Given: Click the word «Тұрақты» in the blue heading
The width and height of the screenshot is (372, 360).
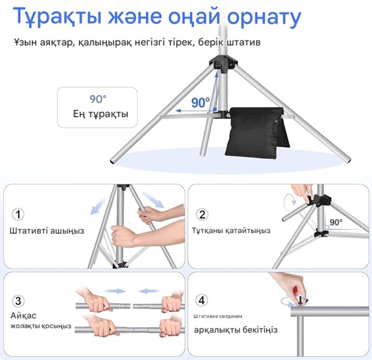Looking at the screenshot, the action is [57, 17].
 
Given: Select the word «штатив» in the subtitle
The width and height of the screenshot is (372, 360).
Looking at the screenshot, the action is [244, 42].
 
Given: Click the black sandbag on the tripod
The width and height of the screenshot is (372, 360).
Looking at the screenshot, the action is [257, 133].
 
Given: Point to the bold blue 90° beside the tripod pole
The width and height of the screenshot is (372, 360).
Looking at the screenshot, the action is [201, 103].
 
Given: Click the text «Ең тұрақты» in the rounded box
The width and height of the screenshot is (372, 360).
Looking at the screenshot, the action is [100, 114].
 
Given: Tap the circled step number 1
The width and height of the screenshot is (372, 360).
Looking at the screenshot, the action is [18, 214].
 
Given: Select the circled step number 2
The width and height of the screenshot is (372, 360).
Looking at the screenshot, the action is [202, 215].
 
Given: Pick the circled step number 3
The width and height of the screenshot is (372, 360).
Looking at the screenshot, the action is [18, 301].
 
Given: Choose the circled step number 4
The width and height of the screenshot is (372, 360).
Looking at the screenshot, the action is [201, 300].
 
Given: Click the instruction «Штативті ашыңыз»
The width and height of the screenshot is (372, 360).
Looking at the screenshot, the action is [47, 231].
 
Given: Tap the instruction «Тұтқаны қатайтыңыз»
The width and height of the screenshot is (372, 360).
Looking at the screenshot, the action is [231, 231].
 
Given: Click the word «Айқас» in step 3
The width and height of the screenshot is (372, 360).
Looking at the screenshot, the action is [23, 316].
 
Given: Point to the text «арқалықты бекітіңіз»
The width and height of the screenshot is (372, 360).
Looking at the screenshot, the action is [236, 330].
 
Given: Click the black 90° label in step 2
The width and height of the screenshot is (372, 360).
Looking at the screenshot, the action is [336, 222].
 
